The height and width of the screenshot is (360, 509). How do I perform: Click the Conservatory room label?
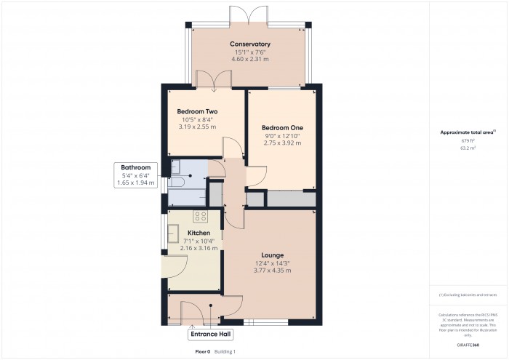point(250,44)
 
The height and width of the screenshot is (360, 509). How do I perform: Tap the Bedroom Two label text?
point(197,111)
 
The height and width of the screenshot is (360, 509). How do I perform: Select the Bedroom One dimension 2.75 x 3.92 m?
point(281,143)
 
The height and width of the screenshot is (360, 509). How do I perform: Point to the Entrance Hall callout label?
point(210,335)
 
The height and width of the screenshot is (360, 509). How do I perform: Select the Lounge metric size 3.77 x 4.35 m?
point(273,271)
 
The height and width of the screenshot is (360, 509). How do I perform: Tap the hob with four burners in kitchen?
point(200,216)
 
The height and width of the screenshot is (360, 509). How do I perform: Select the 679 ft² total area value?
point(468,140)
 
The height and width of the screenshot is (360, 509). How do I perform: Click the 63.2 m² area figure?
point(468,148)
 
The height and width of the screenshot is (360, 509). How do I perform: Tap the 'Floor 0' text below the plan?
point(203,351)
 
